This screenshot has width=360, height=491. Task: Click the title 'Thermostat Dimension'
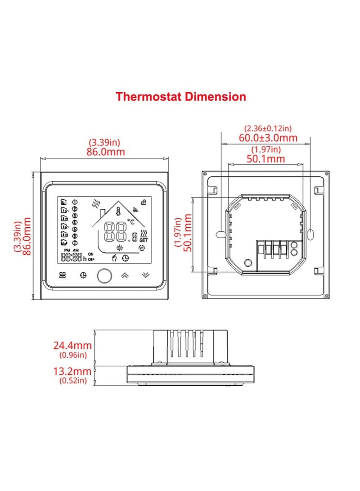tap(181, 96)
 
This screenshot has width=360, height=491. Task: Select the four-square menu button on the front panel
tap(62, 275)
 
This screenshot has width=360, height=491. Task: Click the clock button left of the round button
tap(83, 275)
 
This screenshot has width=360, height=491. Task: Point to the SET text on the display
tap(144, 240)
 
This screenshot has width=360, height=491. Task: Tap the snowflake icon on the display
tap(119, 248)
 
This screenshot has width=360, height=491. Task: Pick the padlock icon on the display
tap(144, 202)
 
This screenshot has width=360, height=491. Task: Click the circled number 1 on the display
tap(75, 202)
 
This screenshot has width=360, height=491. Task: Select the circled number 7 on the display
tap(75, 242)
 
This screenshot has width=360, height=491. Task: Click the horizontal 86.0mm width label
tap(105, 152)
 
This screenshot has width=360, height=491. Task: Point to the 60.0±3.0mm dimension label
tap(270, 138)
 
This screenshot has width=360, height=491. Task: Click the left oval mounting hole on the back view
tap(219, 234)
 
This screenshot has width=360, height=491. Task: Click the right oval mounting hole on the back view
tap(312, 234)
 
